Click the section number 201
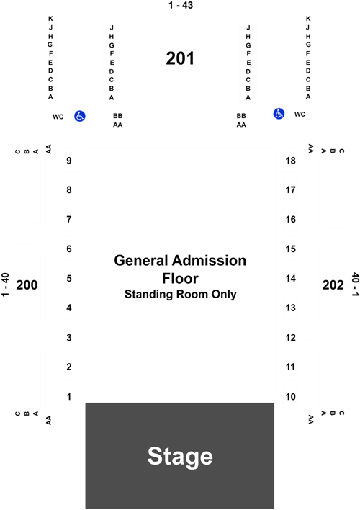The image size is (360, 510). [x=180, y=58]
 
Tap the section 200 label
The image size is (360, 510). [x=27, y=285]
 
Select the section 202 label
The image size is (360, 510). [x=333, y=285]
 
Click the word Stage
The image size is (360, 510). [x=180, y=457]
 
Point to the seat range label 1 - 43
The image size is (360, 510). [x=181, y=5]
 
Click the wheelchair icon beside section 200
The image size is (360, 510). [x=80, y=116]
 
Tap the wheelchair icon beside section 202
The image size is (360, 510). [x=279, y=114]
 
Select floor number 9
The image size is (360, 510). [x=69, y=161]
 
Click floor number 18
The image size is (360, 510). [x=291, y=161]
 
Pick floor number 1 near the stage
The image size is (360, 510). [x=69, y=396]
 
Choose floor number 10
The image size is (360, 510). [x=291, y=396]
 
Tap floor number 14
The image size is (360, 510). [x=291, y=279]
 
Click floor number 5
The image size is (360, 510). [x=69, y=279]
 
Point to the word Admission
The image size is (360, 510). [x=209, y=261]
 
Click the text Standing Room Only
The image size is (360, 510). [x=181, y=294]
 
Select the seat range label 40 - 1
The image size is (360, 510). [x=356, y=285]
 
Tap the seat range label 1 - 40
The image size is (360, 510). [x=5, y=285]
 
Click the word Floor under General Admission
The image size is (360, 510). [x=180, y=279]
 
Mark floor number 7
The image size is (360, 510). [x=69, y=219]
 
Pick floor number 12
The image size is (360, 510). [x=291, y=338]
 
